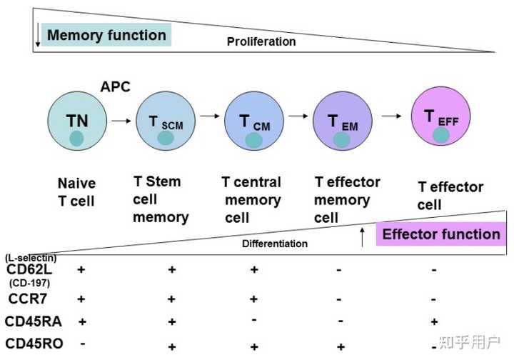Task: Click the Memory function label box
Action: [106, 34]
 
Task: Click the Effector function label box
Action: [440, 234]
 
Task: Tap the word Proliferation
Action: [261, 41]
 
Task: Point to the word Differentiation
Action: [275, 244]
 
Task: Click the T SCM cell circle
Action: [165, 122]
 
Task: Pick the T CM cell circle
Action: [253, 123]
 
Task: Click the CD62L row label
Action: [30, 270]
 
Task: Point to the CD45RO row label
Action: [34, 344]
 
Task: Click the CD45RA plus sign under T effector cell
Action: [435, 321]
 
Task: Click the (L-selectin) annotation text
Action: [30, 257]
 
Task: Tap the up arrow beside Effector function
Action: [362, 236]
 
